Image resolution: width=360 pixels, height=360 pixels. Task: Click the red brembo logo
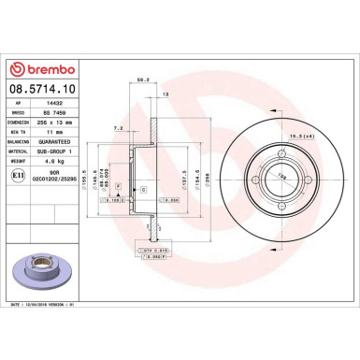click(38, 70)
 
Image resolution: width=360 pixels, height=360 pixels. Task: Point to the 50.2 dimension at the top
click(142, 79)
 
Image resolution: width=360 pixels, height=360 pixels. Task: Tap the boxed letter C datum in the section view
click(142, 189)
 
